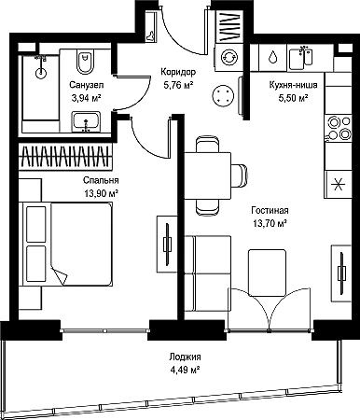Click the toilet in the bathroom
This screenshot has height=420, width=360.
[85, 61]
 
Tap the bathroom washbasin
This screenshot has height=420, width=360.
[87, 121]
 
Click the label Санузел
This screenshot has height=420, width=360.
[87, 85]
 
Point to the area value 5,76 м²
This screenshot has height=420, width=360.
[178, 85]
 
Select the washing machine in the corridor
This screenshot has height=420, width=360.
[229, 57]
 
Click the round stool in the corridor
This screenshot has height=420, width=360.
[223, 96]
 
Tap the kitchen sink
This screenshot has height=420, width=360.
[300, 58]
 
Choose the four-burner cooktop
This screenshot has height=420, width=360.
[339, 128]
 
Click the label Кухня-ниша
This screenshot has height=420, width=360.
[293, 85]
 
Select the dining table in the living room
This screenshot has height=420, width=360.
[208, 175]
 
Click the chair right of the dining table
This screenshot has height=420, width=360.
[240, 175]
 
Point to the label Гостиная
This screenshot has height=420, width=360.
[270, 211]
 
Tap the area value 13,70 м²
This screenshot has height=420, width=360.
[270, 223]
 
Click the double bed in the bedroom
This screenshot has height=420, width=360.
[65, 244]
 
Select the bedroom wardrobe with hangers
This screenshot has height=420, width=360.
[65, 156]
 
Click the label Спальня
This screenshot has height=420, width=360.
[101, 180]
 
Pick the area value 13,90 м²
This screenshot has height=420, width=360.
[101, 193]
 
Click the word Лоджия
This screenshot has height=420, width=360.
[185, 357]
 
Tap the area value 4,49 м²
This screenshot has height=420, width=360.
[185, 371]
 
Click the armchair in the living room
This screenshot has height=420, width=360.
[267, 273]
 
